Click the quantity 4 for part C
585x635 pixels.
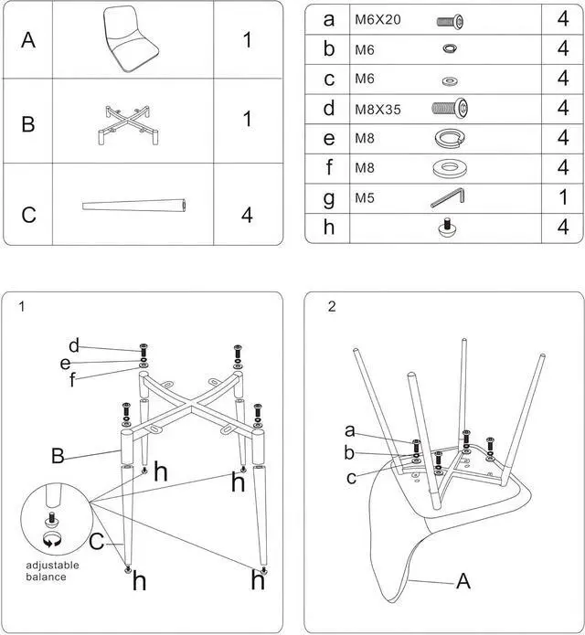click(246, 216)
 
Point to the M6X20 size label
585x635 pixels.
click(377, 19)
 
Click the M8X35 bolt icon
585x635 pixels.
click(449, 109)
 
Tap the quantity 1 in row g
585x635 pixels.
click(562, 197)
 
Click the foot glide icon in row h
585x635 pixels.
click(448, 227)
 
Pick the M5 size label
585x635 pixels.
click(365, 197)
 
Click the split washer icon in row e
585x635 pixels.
click(448, 138)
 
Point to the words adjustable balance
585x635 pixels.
click(52, 571)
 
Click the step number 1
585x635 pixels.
click(21, 307)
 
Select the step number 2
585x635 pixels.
click(332, 307)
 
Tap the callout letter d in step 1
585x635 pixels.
click(74, 345)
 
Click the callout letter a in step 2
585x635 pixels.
click(349, 430)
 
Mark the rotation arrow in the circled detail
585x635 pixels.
click(51, 541)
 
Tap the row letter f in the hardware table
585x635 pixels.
click(329, 167)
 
